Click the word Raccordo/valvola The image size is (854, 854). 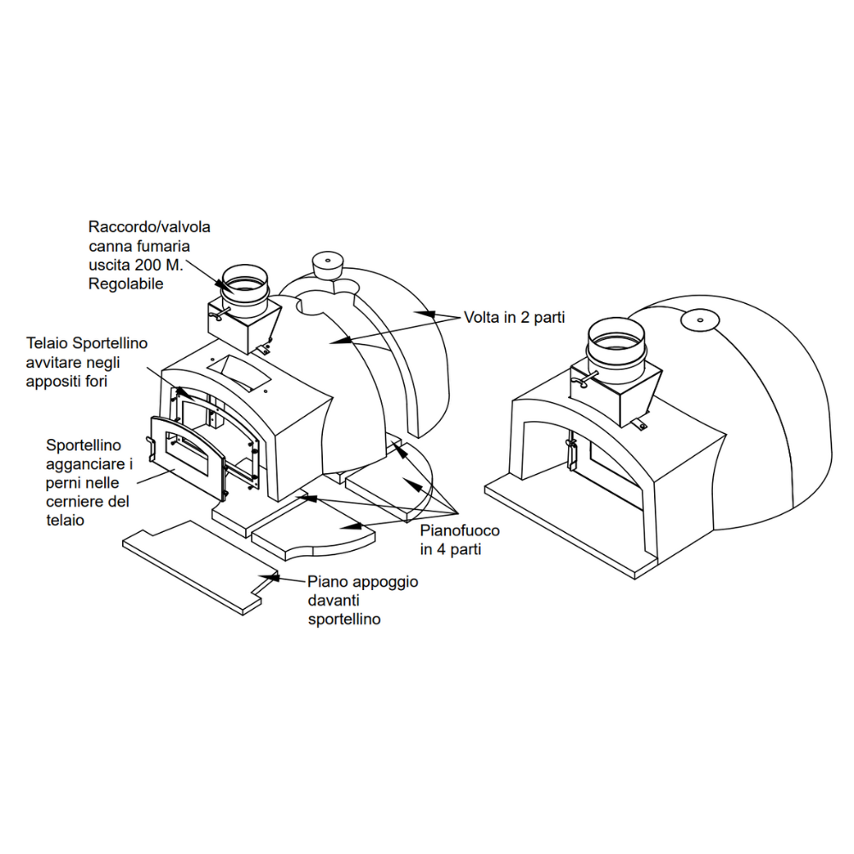click(149, 227)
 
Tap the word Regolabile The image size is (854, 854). click(126, 284)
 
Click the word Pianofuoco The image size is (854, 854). click(459, 530)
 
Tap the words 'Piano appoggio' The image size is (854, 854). click(363, 582)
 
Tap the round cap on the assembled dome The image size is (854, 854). click(698, 320)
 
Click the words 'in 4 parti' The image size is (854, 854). click(451, 549)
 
